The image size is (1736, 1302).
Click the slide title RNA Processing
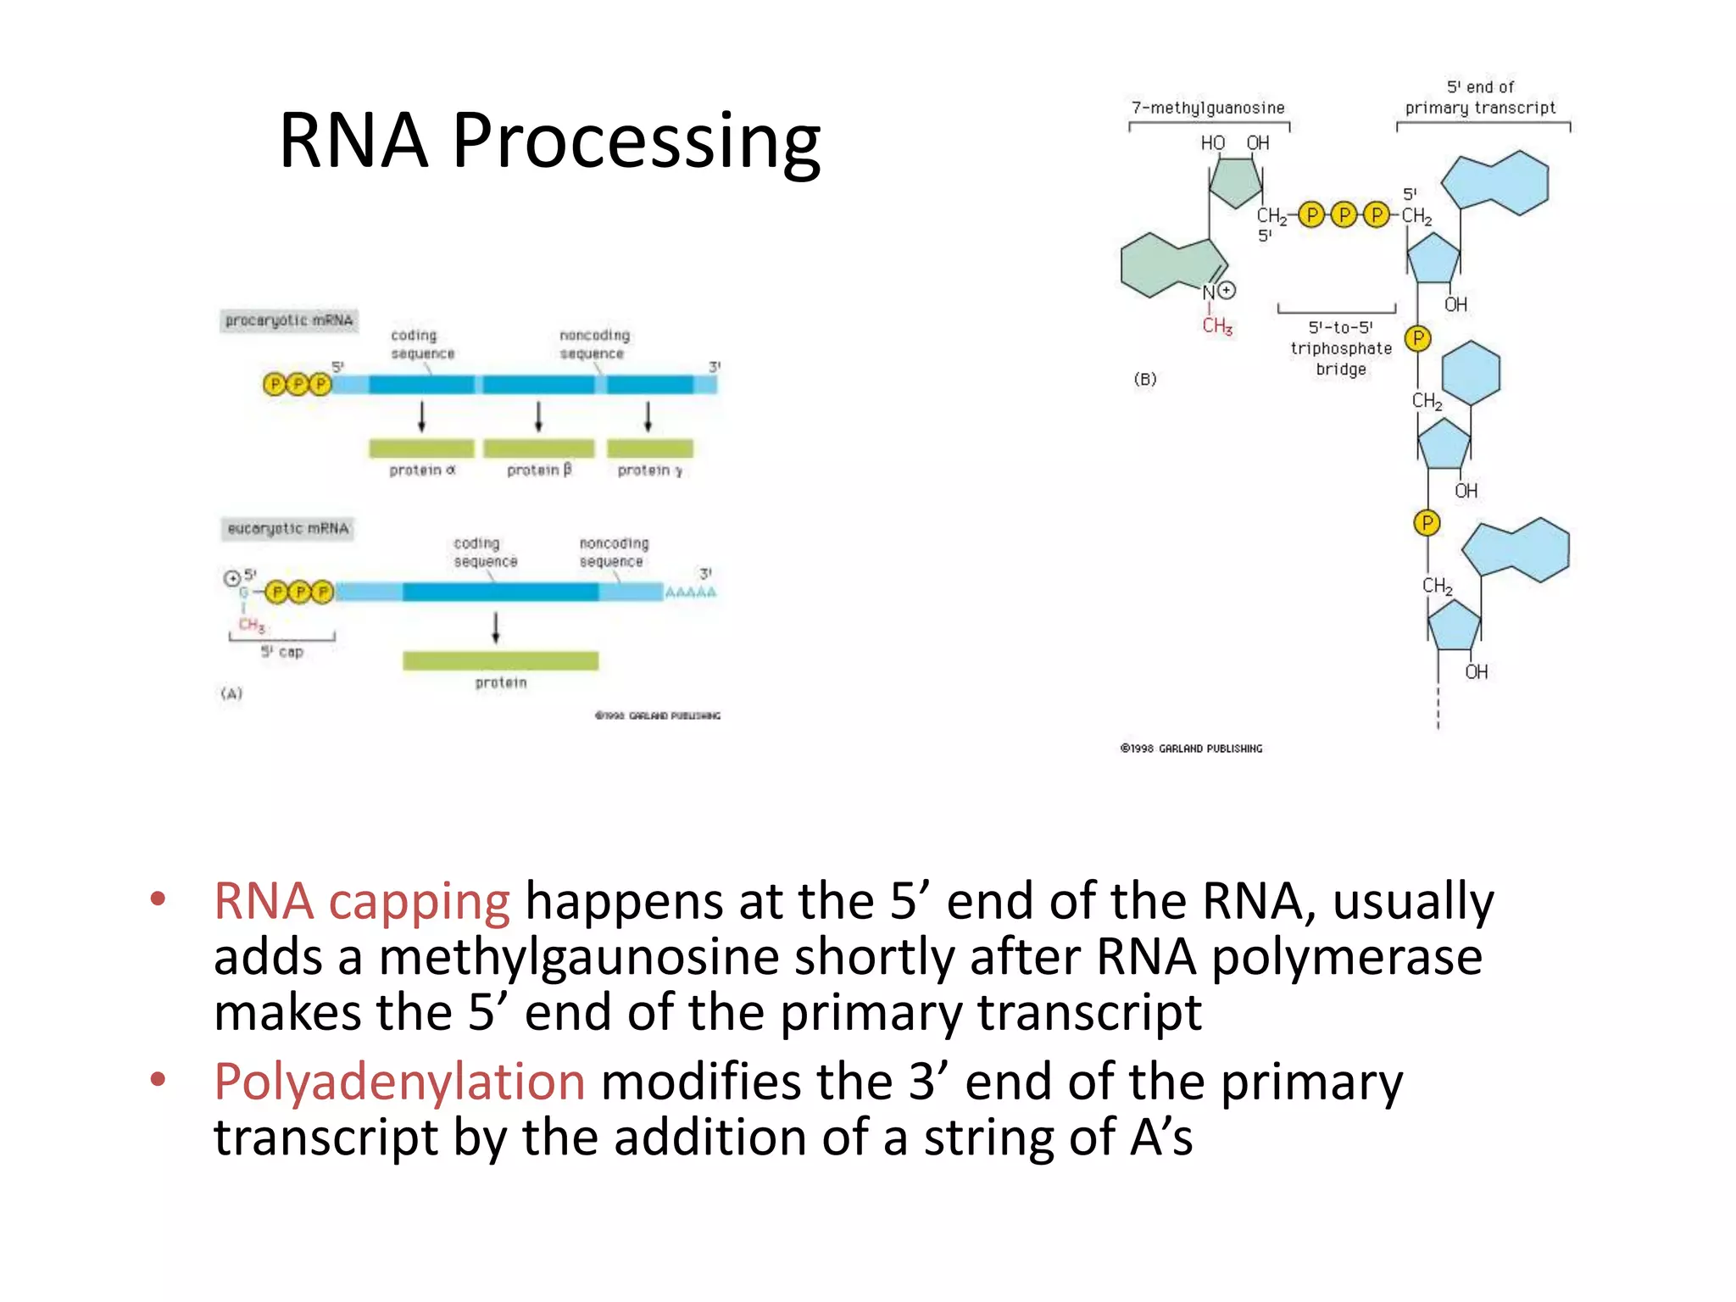click(549, 141)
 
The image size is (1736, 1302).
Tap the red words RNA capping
click(362, 901)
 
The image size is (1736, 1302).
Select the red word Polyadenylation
click(399, 1082)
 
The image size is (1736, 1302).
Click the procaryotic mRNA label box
click(288, 320)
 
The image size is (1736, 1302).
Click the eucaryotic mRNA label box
click(287, 529)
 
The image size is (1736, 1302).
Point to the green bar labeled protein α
click(421, 448)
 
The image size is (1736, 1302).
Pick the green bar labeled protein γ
click(650, 448)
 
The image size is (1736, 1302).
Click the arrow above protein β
click(538, 416)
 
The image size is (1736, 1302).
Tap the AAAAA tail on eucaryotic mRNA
click(690, 592)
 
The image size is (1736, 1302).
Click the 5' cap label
click(282, 652)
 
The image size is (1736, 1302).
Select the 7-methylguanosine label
click(1208, 108)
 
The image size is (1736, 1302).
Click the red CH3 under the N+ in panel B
click(1217, 325)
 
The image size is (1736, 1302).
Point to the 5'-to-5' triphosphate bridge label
click(1340, 348)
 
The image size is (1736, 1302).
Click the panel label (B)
click(1145, 379)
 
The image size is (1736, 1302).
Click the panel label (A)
click(231, 693)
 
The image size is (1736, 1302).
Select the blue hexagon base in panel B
click(1471, 372)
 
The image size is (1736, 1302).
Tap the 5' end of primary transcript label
click(1480, 97)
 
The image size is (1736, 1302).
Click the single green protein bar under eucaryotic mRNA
click(500, 660)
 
